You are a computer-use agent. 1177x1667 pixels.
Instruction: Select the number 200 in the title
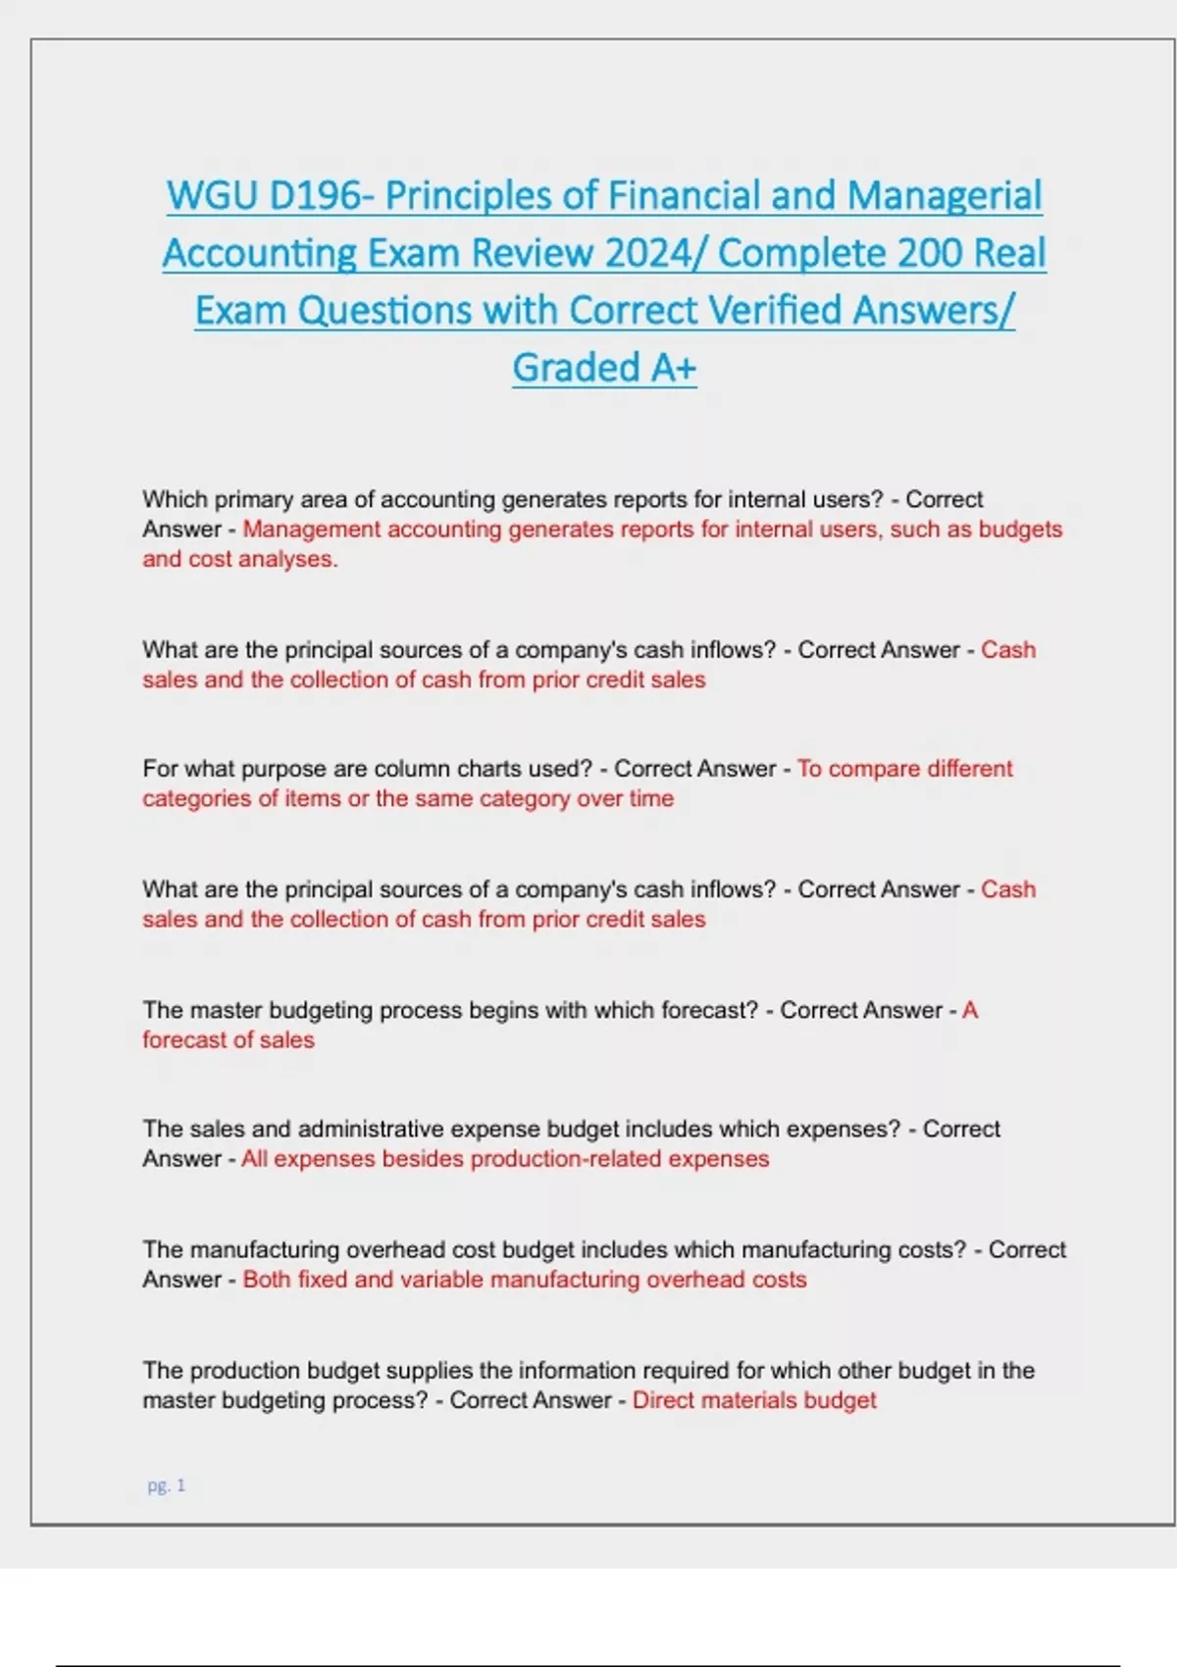(x=929, y=253)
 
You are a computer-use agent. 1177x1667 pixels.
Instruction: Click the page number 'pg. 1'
(x=166, y=1486)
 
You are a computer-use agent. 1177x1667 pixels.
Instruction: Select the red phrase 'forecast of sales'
(x=229, y=1040)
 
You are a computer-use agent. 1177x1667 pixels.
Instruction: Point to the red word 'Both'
(x=267, y=1280)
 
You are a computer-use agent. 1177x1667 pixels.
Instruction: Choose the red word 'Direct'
(x=663, y=1400)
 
